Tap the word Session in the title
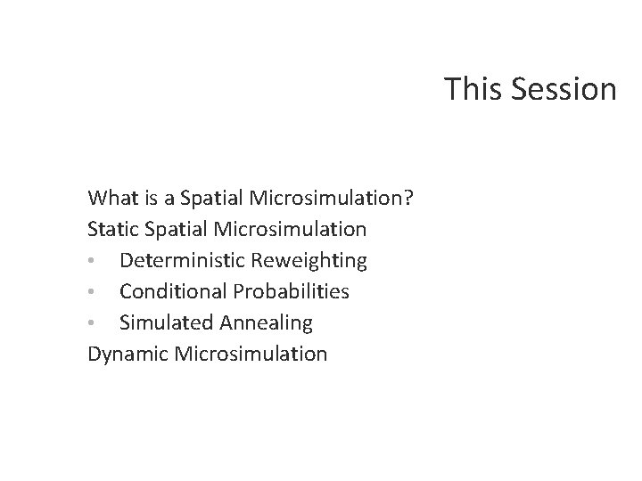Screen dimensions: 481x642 click(x=564, y=89)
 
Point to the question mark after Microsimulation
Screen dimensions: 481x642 click(x=407, y=197)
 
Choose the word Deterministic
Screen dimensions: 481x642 click(x=183, y=260)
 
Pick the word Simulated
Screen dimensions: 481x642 click(x=165, y=322)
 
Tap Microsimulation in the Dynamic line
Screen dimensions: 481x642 click(x=251, y=354)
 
